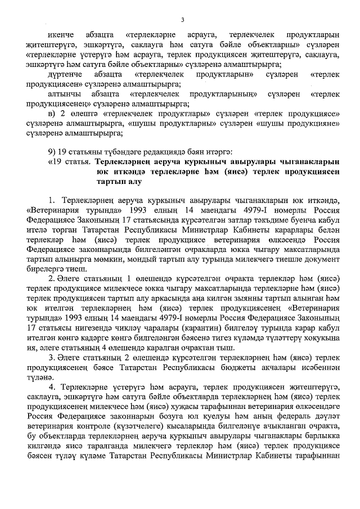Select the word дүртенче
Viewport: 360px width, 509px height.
[x=65, y=74]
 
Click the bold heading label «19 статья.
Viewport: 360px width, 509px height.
[x=67, y=162]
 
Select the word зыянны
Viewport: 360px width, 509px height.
[x=242, y=298]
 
